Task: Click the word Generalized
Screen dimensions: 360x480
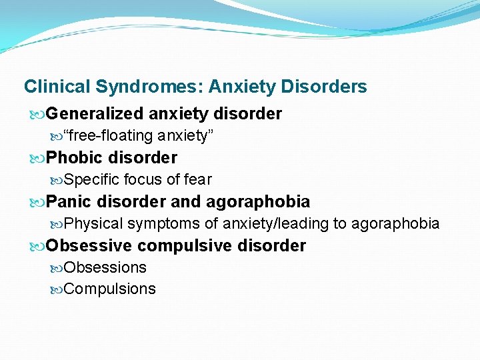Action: [x=95, y=114]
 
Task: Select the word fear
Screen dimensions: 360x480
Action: [x=197, y=179]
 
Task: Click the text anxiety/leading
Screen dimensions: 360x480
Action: [x=275, y=223]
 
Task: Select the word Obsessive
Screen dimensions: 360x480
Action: [x=89, y=245]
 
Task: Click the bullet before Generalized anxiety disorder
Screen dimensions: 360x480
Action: [x=39, y=114]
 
